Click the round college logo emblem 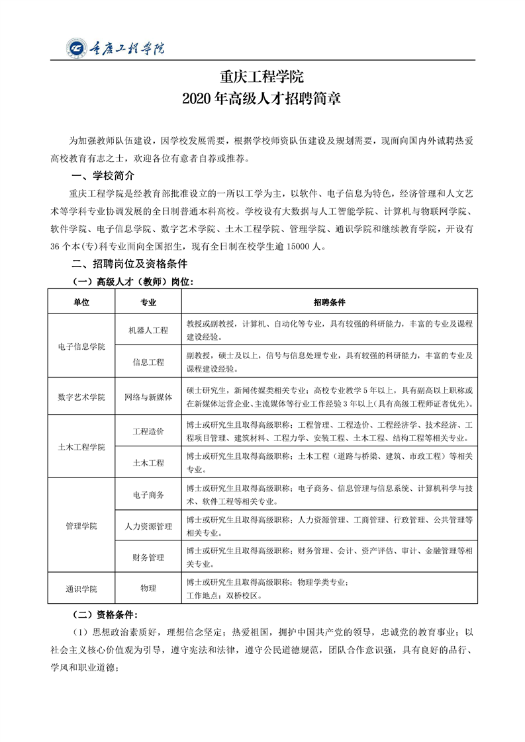coord(77,48)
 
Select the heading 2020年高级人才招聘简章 coord(262,100)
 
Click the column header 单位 coord(81,302)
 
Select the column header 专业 coord(148,302)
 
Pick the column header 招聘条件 coord(330,302)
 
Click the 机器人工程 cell coord(148,330)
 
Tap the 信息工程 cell coord(148,362)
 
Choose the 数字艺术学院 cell coord(81,397)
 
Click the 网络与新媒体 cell coord(148,397)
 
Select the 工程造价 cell coord(148,431)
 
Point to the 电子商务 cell coord(148,494)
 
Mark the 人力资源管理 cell coord(148,526)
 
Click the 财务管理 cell coord(148,557)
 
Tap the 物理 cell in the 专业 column coord(148,588)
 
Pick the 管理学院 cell coord(81,526)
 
